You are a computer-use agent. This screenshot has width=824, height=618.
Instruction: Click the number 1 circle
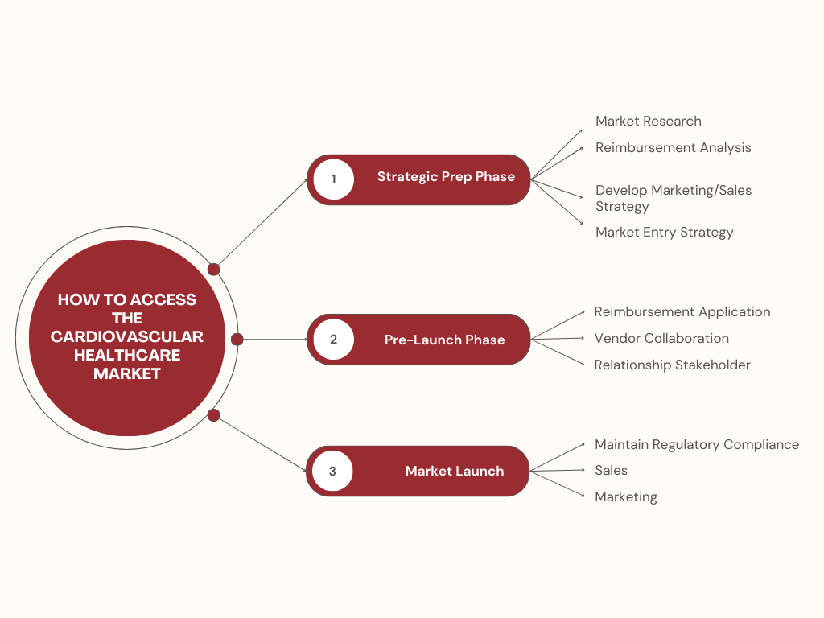334,179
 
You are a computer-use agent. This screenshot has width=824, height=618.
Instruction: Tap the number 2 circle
334,339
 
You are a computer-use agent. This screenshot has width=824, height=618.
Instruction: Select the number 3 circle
333,471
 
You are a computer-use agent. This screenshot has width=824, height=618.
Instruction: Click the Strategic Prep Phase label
446,177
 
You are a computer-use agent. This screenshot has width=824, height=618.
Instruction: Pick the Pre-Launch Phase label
444,340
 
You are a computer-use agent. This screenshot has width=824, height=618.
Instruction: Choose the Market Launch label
455,471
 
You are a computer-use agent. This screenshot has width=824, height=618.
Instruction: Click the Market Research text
648,122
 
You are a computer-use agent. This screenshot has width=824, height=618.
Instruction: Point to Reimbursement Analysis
673,148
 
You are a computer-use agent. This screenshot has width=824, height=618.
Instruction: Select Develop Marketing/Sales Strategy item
673,198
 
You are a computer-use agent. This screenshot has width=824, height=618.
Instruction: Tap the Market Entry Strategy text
664,233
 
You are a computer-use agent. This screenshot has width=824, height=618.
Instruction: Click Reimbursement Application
682,312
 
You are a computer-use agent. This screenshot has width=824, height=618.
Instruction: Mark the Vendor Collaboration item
661,339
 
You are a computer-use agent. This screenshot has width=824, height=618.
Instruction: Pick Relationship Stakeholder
672,365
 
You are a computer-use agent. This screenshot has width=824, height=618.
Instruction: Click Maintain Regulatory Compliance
696,445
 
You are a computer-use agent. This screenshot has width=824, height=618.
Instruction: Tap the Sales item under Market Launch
611,471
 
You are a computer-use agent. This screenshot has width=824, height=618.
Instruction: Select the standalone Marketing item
625,497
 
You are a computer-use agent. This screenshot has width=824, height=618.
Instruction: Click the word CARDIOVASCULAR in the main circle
127,336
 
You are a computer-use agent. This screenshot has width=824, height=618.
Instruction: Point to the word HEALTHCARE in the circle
127,355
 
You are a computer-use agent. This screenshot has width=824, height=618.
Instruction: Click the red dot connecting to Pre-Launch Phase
237,340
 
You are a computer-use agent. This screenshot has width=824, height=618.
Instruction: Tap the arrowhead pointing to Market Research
580,130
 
